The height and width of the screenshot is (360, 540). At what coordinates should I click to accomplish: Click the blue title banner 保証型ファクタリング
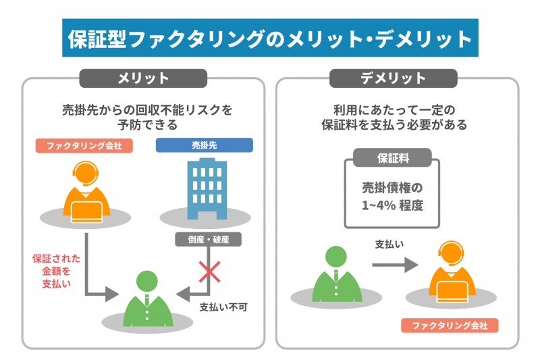point(269,38)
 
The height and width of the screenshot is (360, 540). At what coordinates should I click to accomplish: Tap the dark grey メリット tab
point(143,78)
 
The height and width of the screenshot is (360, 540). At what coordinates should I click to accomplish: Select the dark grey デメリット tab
point(398,78)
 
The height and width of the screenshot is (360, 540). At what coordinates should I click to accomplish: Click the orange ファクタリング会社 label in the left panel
point(84,145)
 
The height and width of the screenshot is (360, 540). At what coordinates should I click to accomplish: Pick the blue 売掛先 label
point(204,145)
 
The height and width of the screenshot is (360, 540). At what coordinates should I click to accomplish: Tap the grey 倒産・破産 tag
point(207,238)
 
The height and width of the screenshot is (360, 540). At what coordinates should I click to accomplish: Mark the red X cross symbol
point(208,273)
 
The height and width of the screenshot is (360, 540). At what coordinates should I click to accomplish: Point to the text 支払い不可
point(223,307)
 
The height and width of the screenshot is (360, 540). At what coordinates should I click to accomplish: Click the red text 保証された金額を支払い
point(56,269)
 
